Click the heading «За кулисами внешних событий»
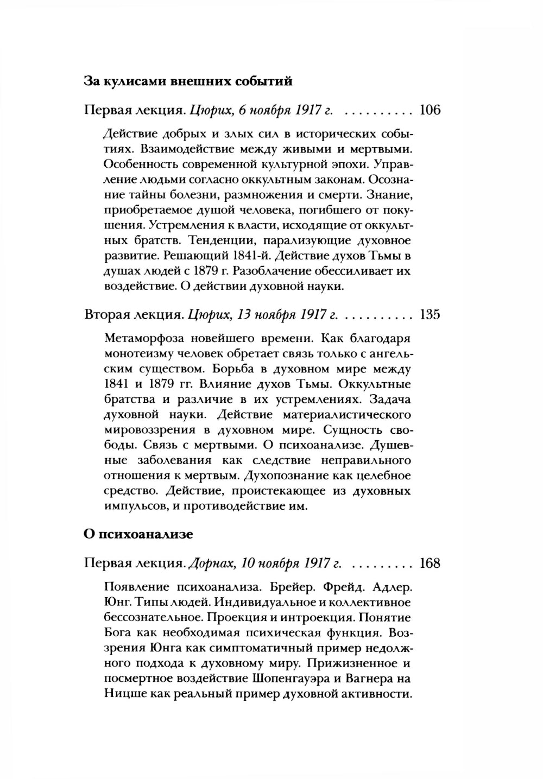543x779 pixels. tap(188, 81)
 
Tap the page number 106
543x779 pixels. tap(430, 111)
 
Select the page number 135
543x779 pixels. tap(430, 314)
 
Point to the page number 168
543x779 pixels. tap(430, 563)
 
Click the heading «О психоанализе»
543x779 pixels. tap(138, 534)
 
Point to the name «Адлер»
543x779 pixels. tap(390, 588)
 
